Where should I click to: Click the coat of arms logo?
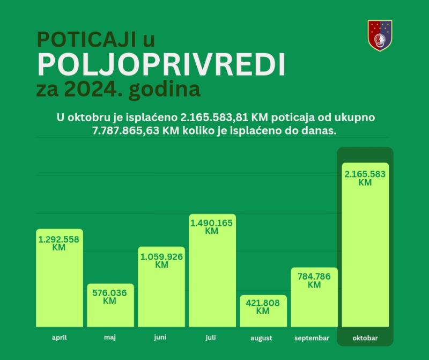click(x=380, y=35)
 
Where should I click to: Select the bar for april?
click(x=60, y=284)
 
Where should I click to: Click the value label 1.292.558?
click(x=59, y=239)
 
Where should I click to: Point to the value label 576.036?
click(x=110, y=293)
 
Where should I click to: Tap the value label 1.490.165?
click(x=212, y=223)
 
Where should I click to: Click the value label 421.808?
click(x=263, y=303)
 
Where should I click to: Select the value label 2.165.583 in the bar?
click(x=365, y=174)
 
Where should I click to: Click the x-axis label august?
click(x=262, y=338)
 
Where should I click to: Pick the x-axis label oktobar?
click(x=365, y=338)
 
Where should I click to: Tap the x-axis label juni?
click(x=160, y=338)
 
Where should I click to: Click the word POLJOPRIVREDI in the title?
click(x=161, y=65)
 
